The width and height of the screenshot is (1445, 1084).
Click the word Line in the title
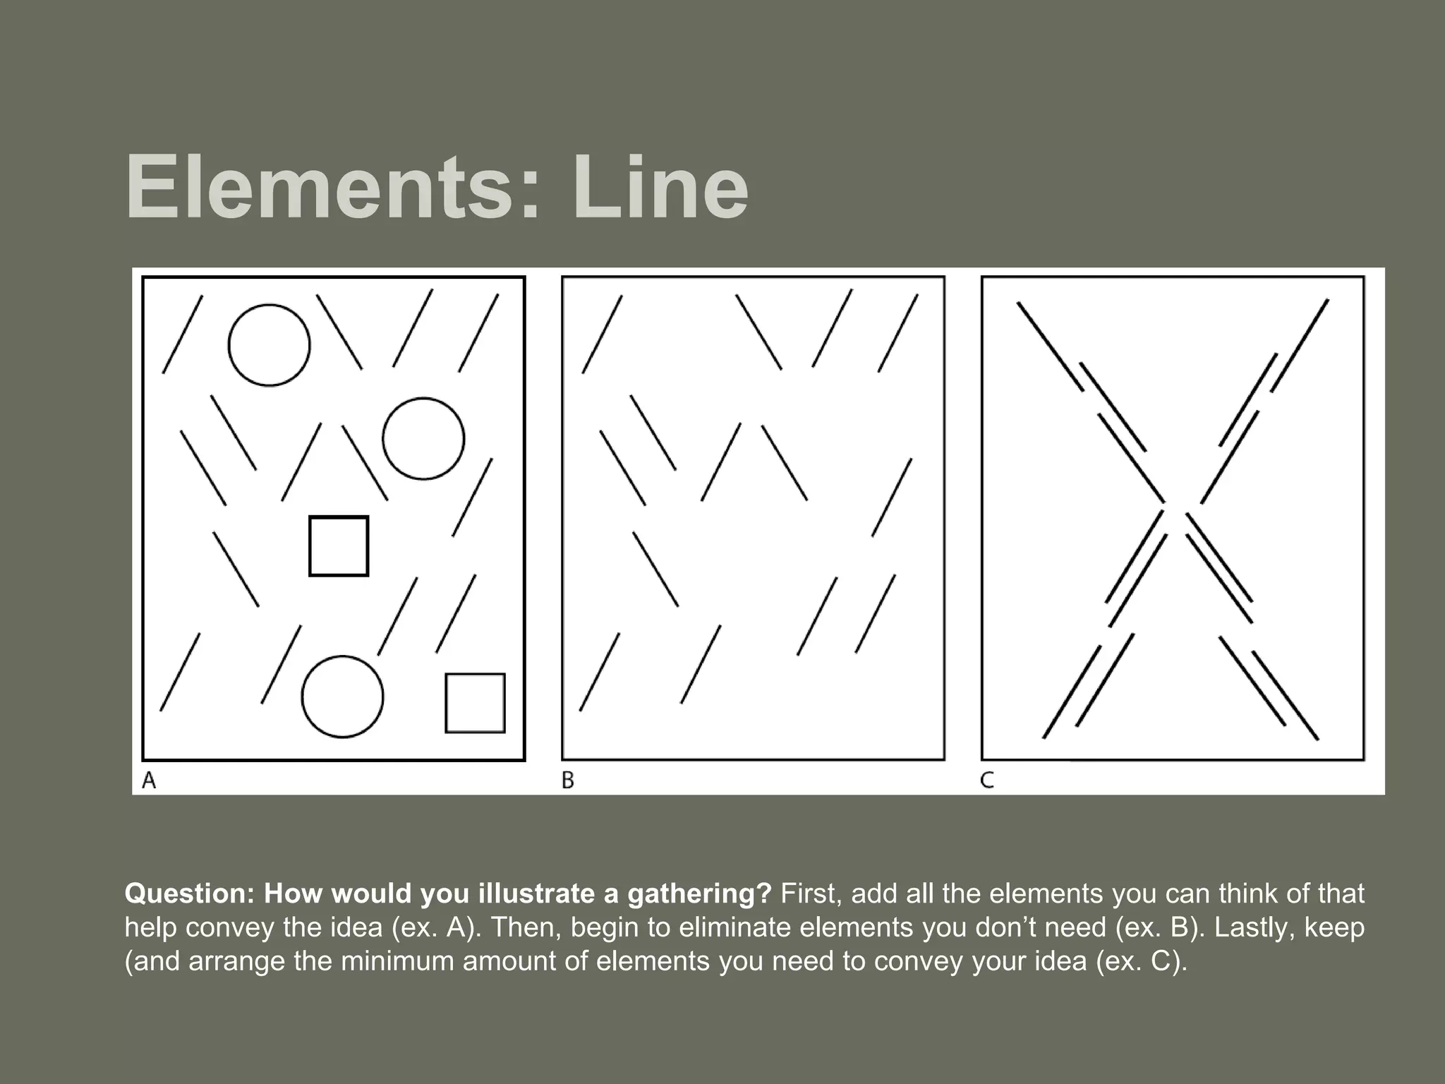click(x=659, y=189)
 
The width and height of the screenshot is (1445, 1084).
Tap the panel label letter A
click(x=149, y=780)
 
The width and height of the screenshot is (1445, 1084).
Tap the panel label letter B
click(x=568, y=780)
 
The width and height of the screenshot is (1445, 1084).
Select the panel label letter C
click(x=987, y=780)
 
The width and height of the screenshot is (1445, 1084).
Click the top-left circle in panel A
click(x=269, y=345)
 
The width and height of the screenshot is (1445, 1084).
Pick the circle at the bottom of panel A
click(x=342, y=697)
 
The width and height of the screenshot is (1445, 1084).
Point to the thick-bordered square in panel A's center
click(x=339, y=546)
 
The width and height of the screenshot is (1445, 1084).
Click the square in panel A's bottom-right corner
click(x=475, y=703)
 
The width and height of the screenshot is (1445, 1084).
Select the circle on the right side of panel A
click(x=423, y=439)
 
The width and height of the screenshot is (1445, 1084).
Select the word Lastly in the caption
click(x=1253, y=927)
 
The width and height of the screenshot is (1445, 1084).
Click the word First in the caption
click(x=811, y=894)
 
